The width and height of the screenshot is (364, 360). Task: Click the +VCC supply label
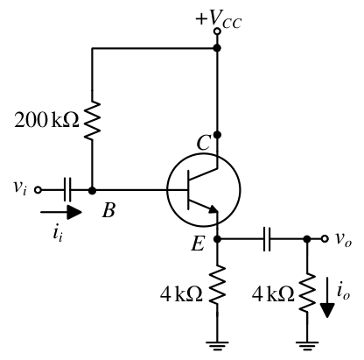click(219, 19)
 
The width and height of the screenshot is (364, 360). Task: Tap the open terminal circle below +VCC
click(217, 31)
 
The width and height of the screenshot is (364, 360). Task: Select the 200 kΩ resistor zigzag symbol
click(92, 120)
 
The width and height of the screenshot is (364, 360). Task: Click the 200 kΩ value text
click(46, 120)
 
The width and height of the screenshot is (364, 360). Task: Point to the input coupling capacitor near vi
click(67, 190)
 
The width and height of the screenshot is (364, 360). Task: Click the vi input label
click(20, 187)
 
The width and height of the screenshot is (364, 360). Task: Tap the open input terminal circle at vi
click(38, 190)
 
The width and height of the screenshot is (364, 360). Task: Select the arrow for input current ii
click(61, 212)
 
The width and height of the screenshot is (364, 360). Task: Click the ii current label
click(58, 233)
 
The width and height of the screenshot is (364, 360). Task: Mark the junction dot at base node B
click(92, 190)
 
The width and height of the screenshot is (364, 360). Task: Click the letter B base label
click(108, 210)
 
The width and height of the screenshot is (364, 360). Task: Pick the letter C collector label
click(203, 143)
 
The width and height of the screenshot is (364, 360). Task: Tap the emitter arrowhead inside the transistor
click(213, 209)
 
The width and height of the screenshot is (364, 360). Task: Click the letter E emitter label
click(198, 244)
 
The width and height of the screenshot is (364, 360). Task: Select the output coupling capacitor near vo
click(267, 239)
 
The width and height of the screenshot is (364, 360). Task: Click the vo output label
click(343, 239)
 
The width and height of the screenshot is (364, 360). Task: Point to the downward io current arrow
click(327, 297)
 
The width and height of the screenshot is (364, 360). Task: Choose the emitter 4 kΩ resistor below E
click(217, 285)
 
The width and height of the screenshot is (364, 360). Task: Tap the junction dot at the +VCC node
click(217, 48)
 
